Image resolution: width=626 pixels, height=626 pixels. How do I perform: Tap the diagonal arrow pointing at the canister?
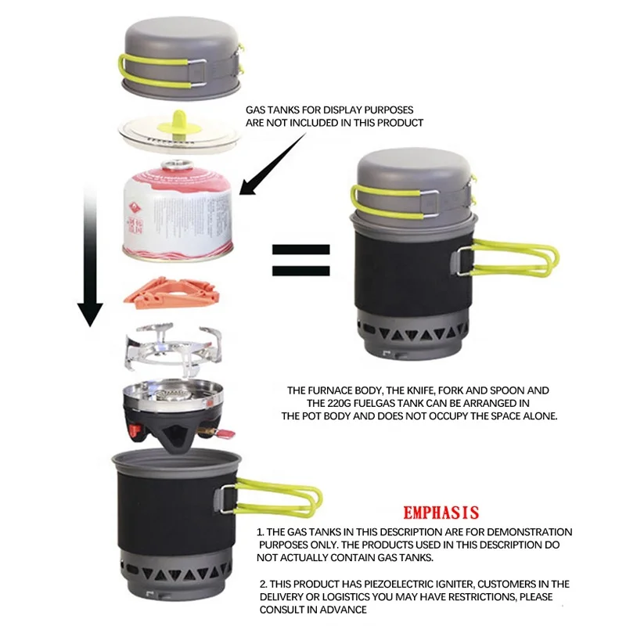click(275, 160)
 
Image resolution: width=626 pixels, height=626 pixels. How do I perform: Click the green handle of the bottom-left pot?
click(273, 495)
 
